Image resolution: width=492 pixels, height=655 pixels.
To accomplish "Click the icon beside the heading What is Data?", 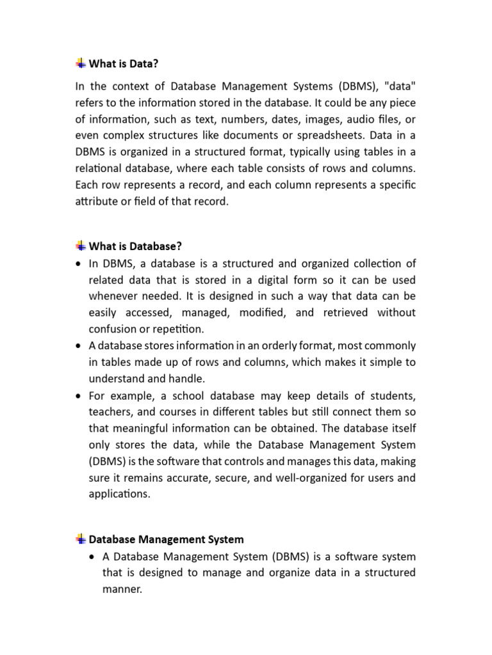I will tap(81, 63).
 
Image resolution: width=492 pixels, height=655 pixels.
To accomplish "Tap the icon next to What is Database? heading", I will tap(81, 246).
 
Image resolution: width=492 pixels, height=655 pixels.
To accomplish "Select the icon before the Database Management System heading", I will tap(81, 539).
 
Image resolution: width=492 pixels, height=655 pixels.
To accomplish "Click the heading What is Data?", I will tap(123, 63).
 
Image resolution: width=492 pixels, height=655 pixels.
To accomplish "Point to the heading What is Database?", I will tap(135, 246).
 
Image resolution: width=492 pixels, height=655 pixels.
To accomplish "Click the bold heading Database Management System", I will tap(166, 539).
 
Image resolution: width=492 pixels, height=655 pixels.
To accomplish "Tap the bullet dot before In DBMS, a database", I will tap(78, 264).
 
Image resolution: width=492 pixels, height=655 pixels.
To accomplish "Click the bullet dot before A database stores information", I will tap(78, 346).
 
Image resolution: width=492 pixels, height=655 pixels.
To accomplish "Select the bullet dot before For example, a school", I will tap(78, 396).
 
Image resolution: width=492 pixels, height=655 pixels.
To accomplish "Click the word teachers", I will tap(111, 412).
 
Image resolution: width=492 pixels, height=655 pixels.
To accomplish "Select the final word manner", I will tap(122, 588).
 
